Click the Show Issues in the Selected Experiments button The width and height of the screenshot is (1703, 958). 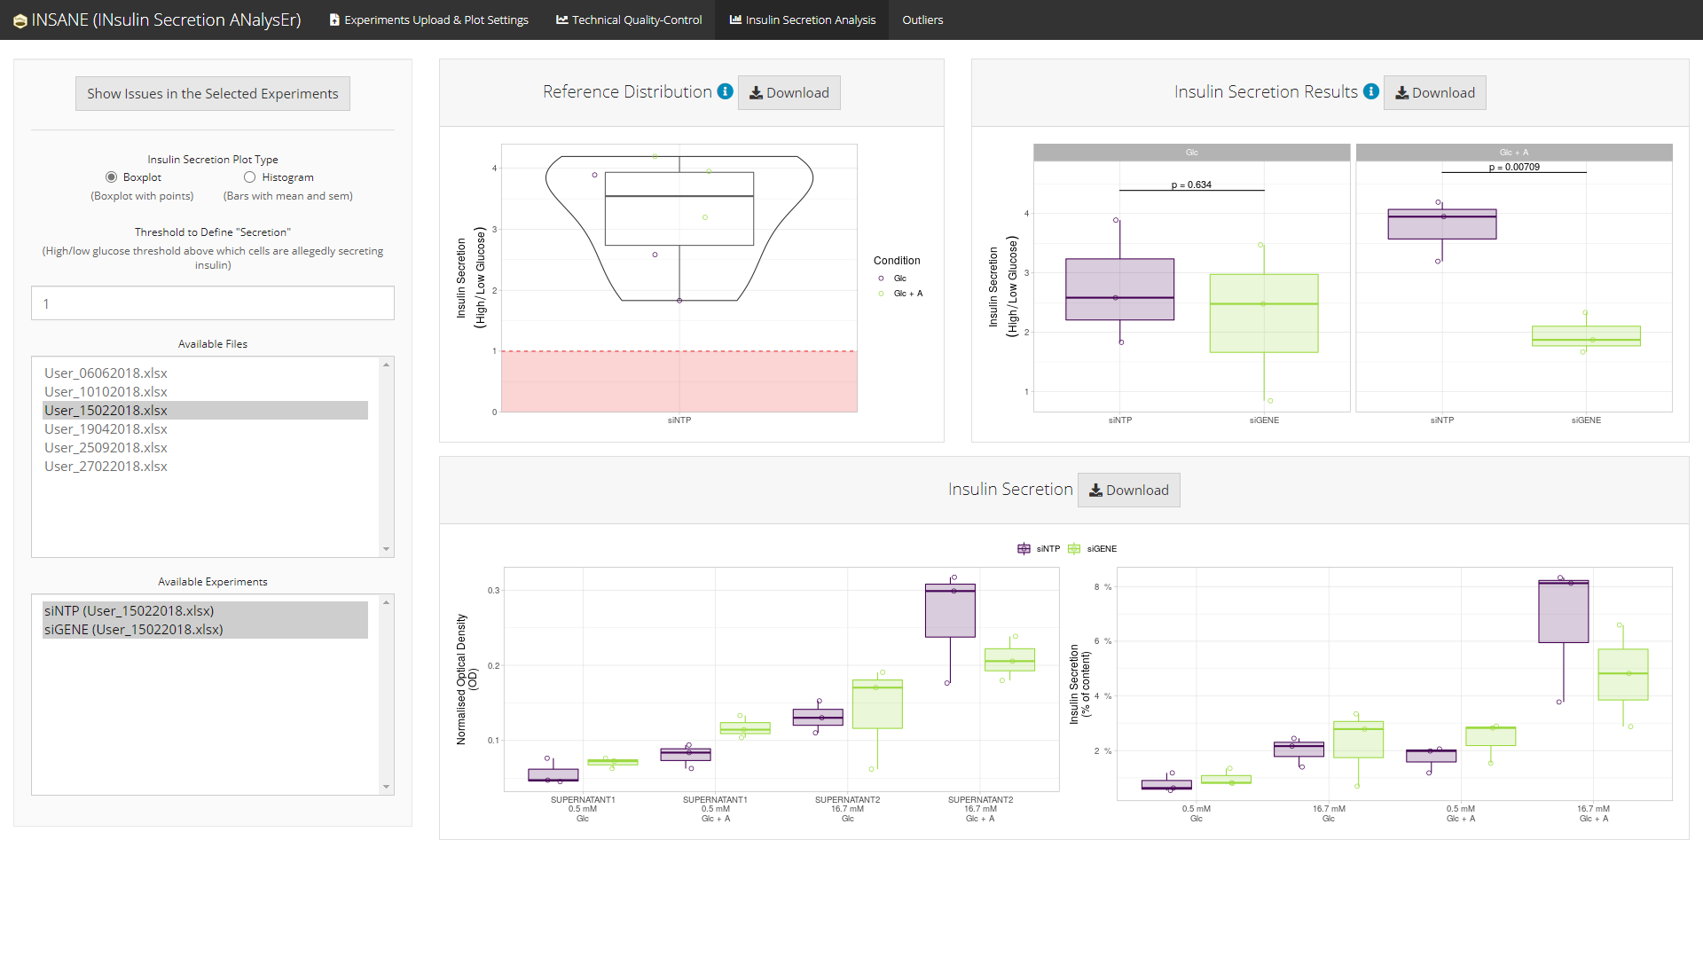tap(213, 94)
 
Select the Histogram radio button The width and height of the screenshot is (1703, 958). tap(250, 177)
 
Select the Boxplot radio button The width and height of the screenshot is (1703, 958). tap(112, 177)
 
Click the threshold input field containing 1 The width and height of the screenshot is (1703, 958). tap(213, 303)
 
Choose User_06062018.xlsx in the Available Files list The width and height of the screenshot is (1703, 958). tap(106, 373)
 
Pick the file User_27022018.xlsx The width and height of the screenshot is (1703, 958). tap(106, 467)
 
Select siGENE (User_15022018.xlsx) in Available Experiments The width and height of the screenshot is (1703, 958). tap(134, 630)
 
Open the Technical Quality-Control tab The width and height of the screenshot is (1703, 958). tap(629, 20)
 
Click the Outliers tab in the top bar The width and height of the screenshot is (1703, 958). tap(922, 20)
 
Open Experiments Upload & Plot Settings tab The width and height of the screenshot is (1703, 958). tap(429, 20)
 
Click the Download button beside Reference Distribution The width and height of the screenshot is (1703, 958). tap(789, 93)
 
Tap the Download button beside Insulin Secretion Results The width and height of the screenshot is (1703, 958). tap(1434, 93)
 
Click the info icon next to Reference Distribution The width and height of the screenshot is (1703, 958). tap(726, 91)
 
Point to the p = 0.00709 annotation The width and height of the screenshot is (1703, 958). tap(1514, 167)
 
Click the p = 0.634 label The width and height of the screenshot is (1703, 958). tap(1191, 185)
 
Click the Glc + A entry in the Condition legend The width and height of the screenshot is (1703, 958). tap(907, 294)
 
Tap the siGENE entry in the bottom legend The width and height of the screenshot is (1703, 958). tap(1101, 549)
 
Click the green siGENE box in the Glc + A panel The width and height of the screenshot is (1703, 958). tap(1586, 336)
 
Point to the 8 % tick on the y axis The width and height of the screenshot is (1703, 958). tap(1103, 587)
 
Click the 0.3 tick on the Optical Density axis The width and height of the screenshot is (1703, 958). tap(493, 591)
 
